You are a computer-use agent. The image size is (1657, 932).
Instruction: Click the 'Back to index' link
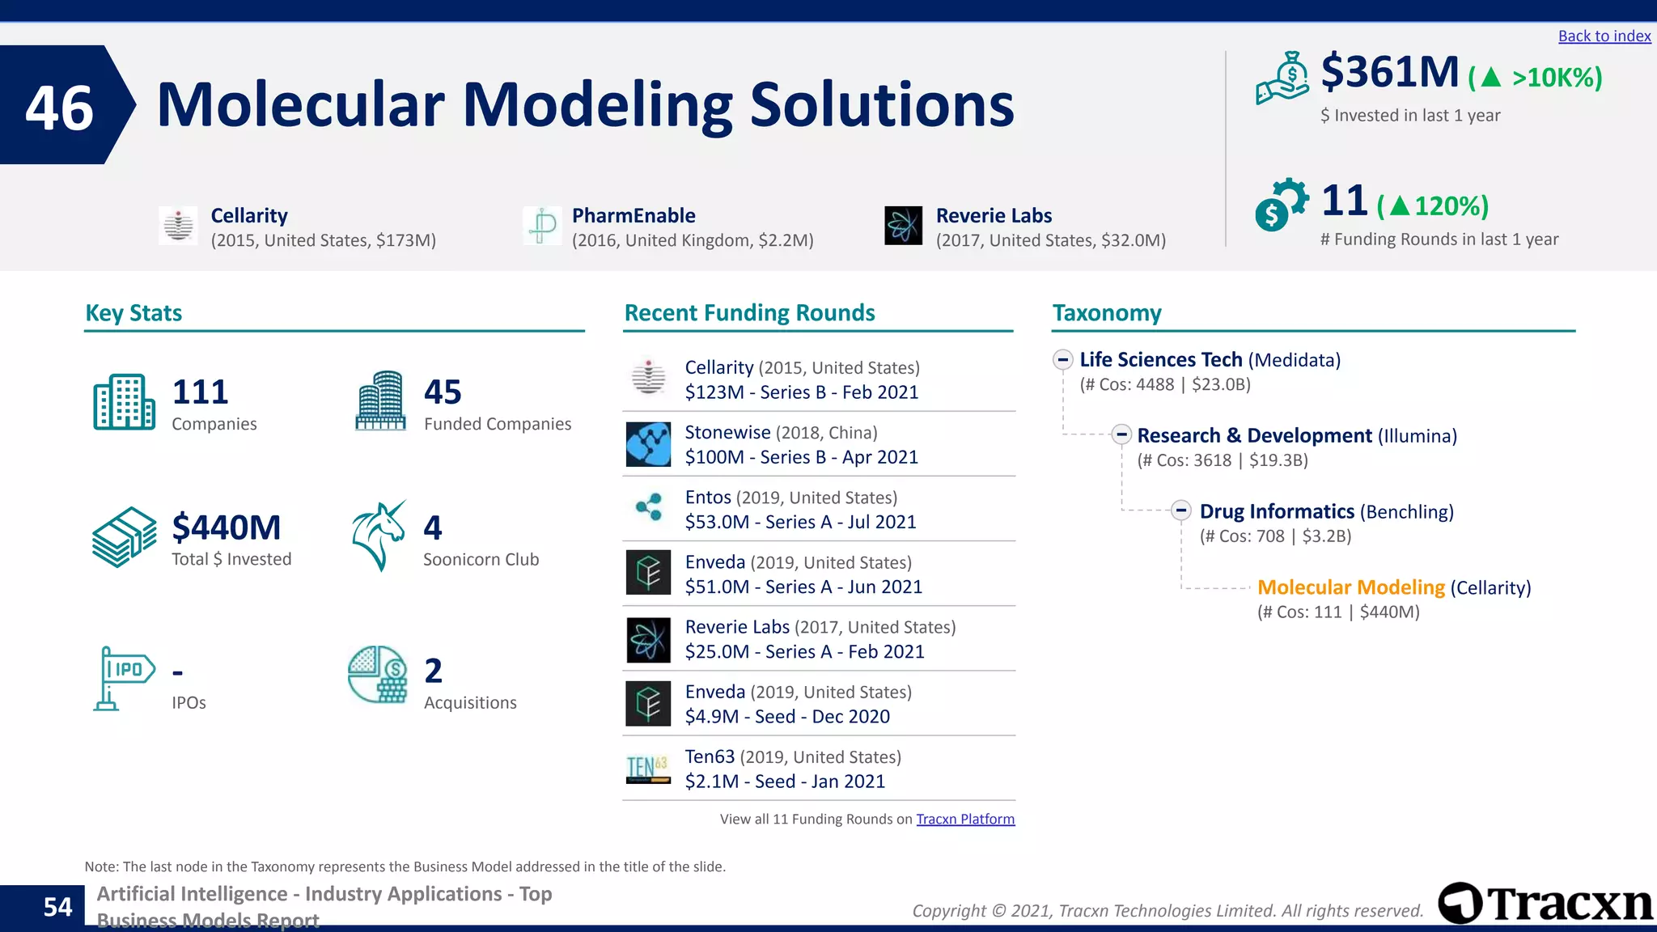pyautogui.click(x=1604, y=36)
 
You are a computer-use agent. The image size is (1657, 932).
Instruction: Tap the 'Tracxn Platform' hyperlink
pyautogui.click(x=964, y=819)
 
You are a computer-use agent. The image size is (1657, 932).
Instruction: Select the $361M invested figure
pyautogui.click(x=1389, y=72)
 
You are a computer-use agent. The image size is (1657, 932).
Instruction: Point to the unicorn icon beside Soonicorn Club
pyautogui.click(x=379, y=536)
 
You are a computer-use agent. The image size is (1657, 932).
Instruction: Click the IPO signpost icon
pyautogui.click(x=123, y=678)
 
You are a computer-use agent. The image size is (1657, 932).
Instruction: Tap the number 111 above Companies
pyautogui.click(x=200, y=392)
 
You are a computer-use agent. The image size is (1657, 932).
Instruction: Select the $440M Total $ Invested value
pyautogui.click(x=226, y=527)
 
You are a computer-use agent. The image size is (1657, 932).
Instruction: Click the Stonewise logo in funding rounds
pyautogui.click(x=648, y=444)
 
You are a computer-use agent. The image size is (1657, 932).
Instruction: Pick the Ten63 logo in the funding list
pyautogui.click(x=648, y=768)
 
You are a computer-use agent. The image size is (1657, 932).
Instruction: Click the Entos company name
pyautogui.click(x=708, y=498)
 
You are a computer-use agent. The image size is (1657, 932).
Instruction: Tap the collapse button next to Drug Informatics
pyautogui.click(x=1181, y=510)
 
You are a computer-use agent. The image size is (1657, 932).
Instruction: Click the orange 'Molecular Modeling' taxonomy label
pyautogui.click(x=1350, y=587)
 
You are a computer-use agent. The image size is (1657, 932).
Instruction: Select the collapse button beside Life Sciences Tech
pyautogui.click(x=1062, y=359)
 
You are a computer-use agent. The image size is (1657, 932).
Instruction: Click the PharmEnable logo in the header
pyautogui.click(x=542, y=226)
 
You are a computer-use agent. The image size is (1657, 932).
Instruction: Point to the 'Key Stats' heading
pyautogui.click(x=133, y=313)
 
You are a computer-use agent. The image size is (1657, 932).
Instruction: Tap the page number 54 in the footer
pyautogui.click(x=57, y=907)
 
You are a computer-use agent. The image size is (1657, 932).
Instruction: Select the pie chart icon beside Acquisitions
pyautogui.click(x=377, y=674)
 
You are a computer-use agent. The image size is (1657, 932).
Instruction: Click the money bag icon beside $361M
pyautogui.click(x=1282, y=78)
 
